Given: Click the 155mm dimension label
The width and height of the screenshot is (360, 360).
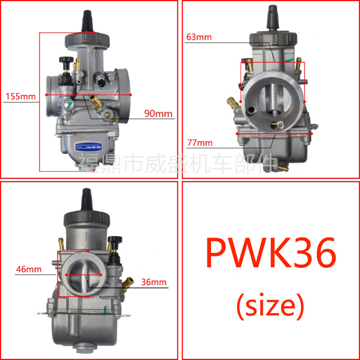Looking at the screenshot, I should [x=20, y=96].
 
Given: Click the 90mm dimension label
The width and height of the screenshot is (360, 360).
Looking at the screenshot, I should [x=158, y=114].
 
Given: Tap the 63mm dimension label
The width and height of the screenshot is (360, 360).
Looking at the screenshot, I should [x=198, y=37].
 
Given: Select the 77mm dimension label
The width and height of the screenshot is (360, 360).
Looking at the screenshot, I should [x=199, y=143].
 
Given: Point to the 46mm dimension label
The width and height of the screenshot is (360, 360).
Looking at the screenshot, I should [x=28, y=270].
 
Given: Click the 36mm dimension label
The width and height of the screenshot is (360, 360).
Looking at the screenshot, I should [x=153, y=282].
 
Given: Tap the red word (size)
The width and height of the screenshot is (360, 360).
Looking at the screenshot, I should [x=270, y=306].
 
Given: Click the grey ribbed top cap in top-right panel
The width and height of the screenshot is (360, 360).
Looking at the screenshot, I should [x=272, y=39].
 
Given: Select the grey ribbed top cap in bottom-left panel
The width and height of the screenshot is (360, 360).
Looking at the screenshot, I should [x=87, y=219].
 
